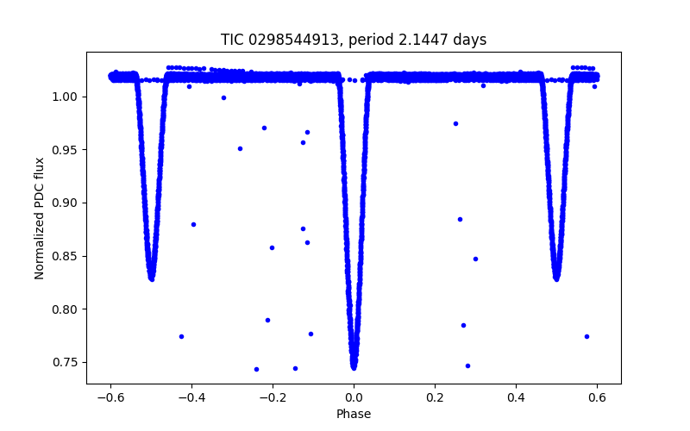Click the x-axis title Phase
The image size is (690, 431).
tap(354, 414)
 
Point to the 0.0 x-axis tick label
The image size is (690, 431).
tap(354, 397)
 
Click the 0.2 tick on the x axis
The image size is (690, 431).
tap(435, 397)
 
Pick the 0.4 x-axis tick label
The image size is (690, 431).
tap(516, 397)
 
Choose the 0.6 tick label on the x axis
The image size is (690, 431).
tap(597, 397)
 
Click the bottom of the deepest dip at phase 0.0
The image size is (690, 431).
tap(354, 366)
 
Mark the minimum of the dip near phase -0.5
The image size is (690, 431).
tap(152, 278)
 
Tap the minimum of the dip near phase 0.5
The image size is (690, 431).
tap(556, 278)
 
